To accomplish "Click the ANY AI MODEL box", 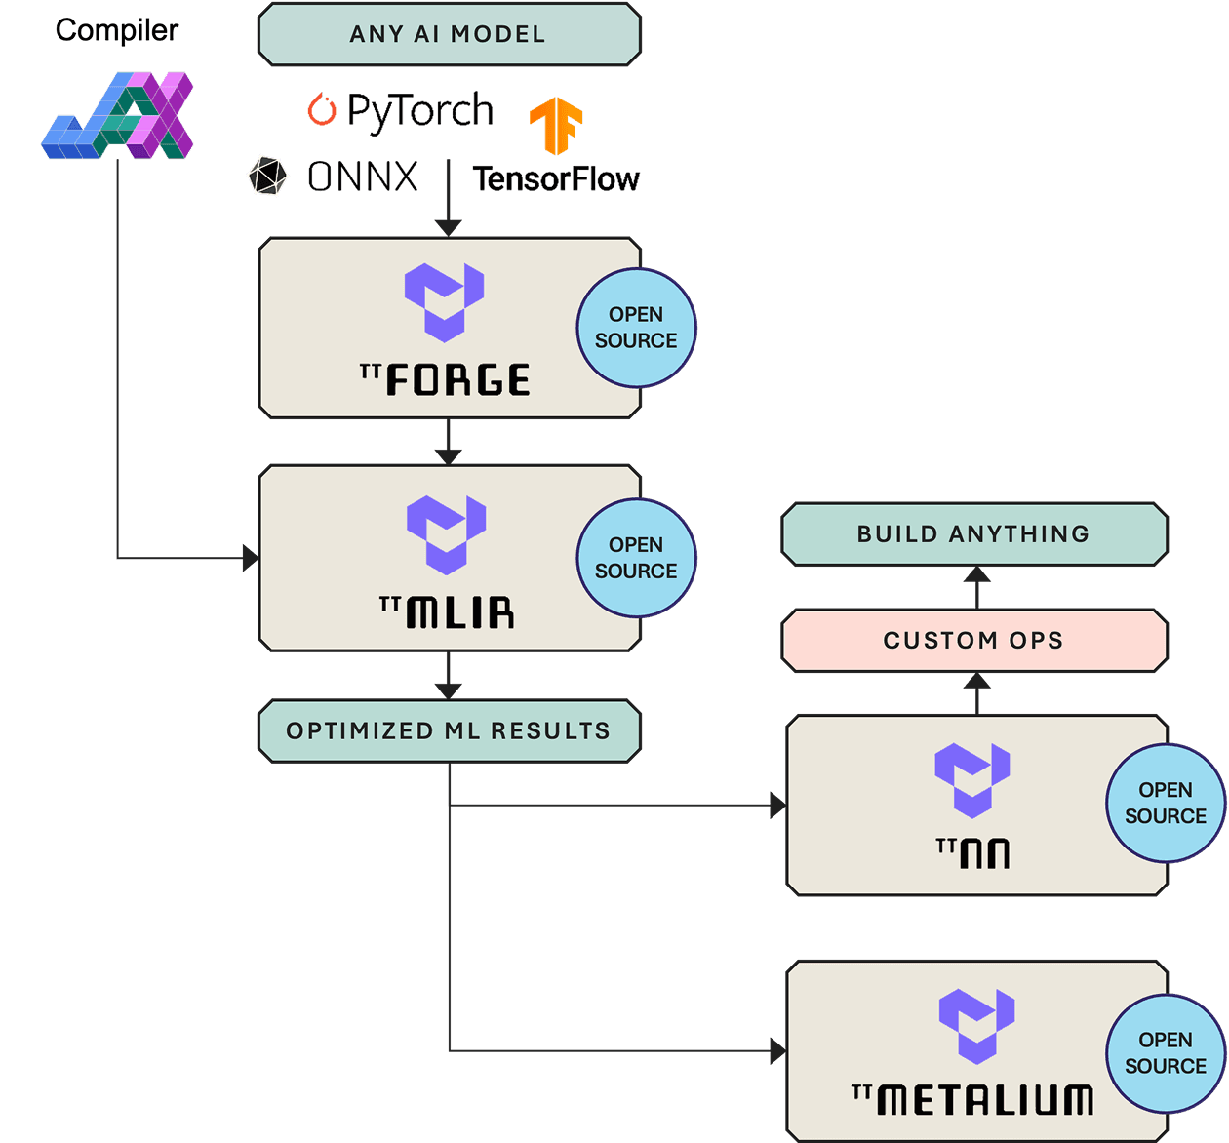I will pyautogui.click(x=449, y=34).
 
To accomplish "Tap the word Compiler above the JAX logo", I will pyautogui.click(x=117, y=30).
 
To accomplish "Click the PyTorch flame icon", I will pyautogui.click(x=321, y=109).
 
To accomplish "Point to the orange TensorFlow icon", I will pyautogui.click(x=556, y=125).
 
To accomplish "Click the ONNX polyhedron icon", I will pyautogui.click(x=267, y=177).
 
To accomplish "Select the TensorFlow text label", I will pyautogui.click(x=556, y=179).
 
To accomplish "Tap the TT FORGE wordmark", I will pyautogui.click(x=446, y=379).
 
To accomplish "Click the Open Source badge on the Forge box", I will pyautogui.click(x=636, y=328).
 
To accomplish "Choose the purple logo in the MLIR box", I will pyautogui.click(x=446, y=534).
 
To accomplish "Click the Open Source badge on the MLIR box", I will pyautogui.click(x=636, y=558).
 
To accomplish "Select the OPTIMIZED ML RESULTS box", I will pyautogui.click(x=449, y=730).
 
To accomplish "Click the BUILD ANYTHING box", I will pyautogui.click(x=973, y=534).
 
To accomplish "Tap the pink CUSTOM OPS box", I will pyautogui.click(x=973, y=641).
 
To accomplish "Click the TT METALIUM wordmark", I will pyautogui.click(x=973, y=1099).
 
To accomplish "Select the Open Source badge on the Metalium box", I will pyautogui.click(x=1165, y=1053).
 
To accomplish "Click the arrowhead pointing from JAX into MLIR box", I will pyautogui.click(x=251, y=559).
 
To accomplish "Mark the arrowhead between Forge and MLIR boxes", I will pyautogui.click(x=448, y=455).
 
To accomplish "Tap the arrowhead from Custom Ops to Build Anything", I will pyautogui.click(x=976, y=575).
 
